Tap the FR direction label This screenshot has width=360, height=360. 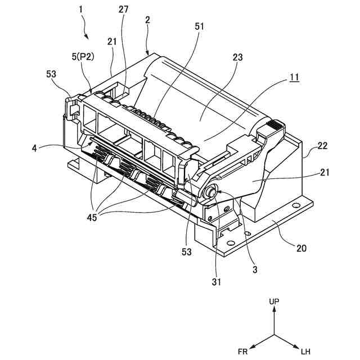click(242, 352)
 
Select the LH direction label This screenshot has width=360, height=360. click(305, 352)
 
